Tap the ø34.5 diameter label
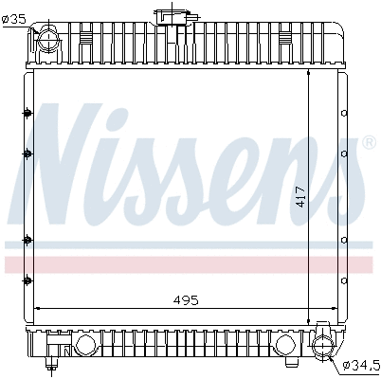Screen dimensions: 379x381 [x=360, y=363]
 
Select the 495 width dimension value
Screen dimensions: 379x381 [x=186, y=300]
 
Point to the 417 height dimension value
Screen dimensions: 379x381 [x=300, y=196]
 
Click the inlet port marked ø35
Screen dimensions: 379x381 [x=45, y=42]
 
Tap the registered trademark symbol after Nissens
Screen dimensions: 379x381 [x=369, y=143]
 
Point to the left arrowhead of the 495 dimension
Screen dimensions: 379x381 [x=36, y=309]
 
